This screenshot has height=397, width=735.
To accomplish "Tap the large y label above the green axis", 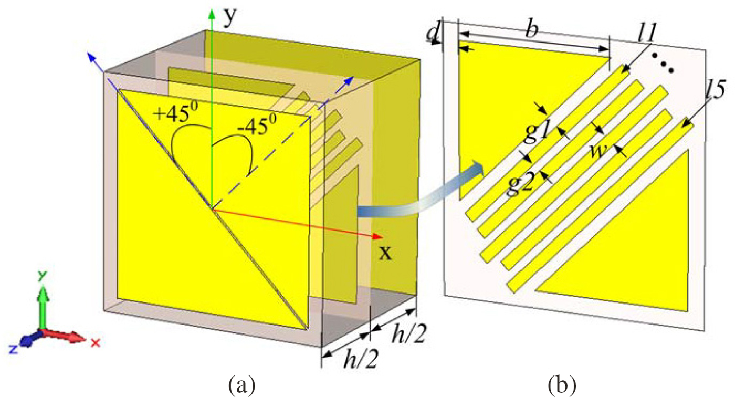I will pos(229,17).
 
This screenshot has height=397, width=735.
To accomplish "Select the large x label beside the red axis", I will pos(385,253).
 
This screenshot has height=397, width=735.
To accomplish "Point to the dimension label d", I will pos(433,34).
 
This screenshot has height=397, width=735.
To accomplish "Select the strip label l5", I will pos(710,93).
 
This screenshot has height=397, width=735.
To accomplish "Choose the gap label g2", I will pos(520,184).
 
